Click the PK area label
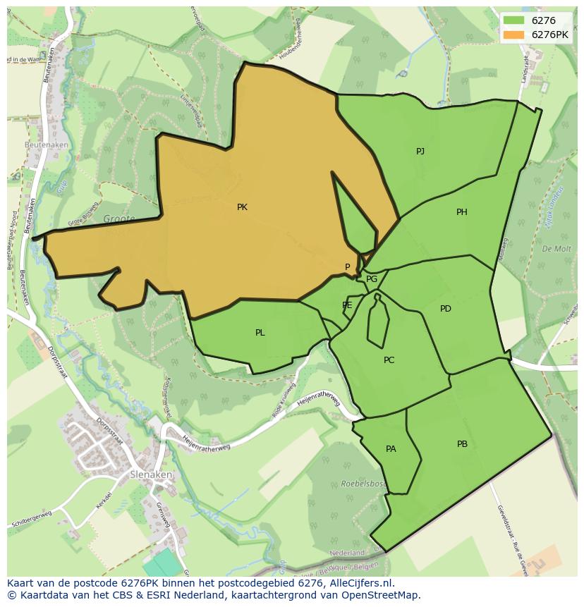click(242, 207)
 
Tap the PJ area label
click(420, 151)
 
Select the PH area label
click(461, 212)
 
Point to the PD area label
click(445, 309)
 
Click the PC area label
click(389, 360)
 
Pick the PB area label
click(462, 444)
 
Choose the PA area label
click(391, 449)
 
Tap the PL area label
click(260, 333)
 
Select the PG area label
click(372, 279)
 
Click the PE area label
click(347, 305)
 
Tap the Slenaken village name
click(151, 475)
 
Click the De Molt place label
click(556, 249)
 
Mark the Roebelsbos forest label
click(363, 484)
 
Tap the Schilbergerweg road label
click(32, 519)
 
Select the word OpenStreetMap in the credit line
click(382, 595)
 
